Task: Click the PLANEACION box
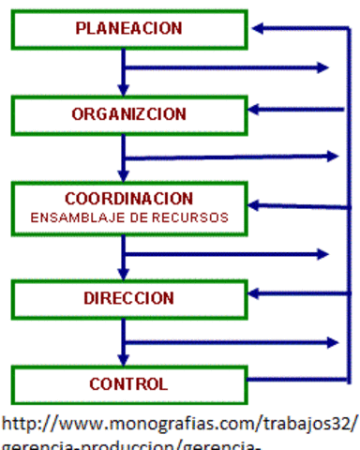click(x=129, y=29)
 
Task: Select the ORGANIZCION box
click(x=129, y=114)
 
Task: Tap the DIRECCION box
click(x=129, y=298)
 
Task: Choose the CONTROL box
click(x=129, y=383)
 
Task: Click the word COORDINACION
click(x=129, y=199)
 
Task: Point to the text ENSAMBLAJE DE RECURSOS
click(x=129, y=217)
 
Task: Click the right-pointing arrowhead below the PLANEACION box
click(x=323, y=67)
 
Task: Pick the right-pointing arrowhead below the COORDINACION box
click(x=323, y=253)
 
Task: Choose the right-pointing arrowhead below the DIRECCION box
click(x=331, y=342)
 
